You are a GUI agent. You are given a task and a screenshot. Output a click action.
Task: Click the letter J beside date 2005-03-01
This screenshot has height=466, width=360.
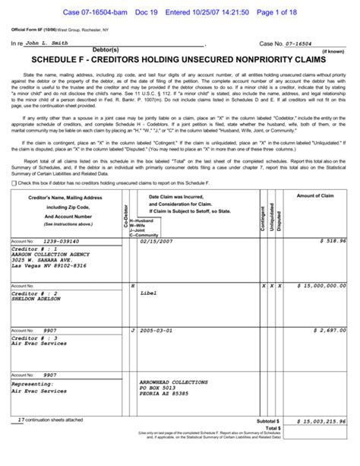pyautogui.click(x=132, y=331)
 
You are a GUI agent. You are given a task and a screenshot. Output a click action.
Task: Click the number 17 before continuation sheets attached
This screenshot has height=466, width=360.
pyautogui.click(x=21, y=419)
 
